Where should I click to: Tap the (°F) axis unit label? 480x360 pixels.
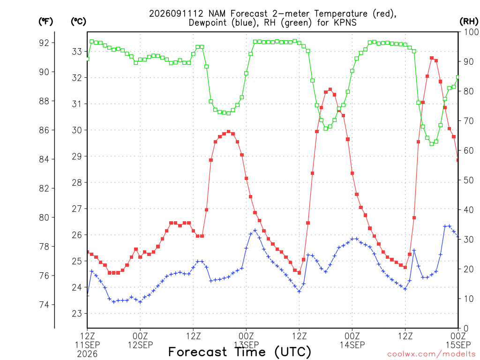(45, 22)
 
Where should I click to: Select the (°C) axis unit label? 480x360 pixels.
(78, 22)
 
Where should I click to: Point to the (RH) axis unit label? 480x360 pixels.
(469, 22)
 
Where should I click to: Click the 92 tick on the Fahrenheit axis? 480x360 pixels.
(44, 43)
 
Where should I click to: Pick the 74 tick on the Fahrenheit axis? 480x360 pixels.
(44, 305)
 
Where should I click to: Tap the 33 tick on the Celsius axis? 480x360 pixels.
(77, 52)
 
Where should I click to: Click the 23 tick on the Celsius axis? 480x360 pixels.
(77, 314)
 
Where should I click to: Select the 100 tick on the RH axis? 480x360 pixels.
(471, 32)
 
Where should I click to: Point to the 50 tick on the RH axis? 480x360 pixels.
(469, 180)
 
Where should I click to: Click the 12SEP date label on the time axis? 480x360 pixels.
(140, 345)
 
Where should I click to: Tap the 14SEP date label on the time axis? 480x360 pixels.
(352, 345)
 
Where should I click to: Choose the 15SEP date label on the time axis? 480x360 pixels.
(458, 345)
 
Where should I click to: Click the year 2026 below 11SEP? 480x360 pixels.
(87, 354)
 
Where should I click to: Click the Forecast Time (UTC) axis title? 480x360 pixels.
(240, 352)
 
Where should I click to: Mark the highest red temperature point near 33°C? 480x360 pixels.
(432, 58)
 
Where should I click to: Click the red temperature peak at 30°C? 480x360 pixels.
(228, 132)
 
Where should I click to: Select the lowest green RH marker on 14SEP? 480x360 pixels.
(432, 143)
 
